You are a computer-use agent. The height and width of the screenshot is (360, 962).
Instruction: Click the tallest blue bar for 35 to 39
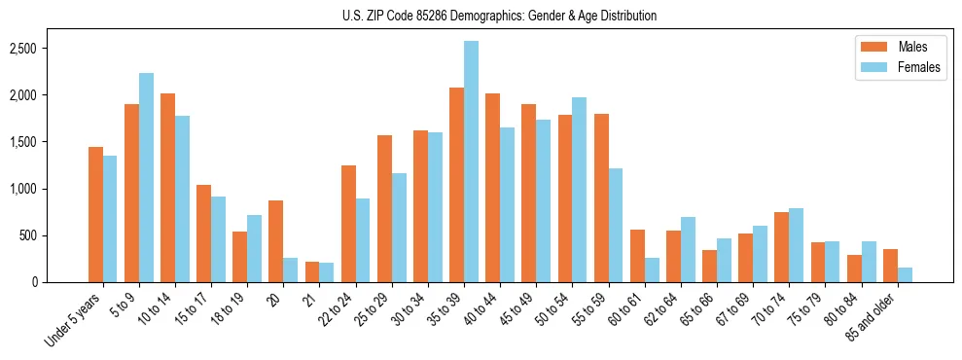pos(471,162)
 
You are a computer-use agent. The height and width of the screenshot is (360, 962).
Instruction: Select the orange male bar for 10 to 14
pos(167,188)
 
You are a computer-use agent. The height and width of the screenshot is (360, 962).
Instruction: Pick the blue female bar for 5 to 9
pos(146,178)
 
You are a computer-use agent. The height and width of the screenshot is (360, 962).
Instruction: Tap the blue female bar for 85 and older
pos(905,274)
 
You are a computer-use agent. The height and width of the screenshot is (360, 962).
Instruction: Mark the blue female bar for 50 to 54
pos(579,190)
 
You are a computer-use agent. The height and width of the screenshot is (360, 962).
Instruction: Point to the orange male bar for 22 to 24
pos(348,224)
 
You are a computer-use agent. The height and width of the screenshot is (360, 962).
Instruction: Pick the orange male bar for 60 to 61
pos(637,256)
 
